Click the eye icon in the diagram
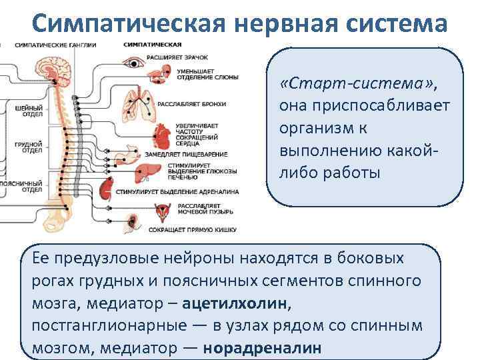click(x=134, y=64)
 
